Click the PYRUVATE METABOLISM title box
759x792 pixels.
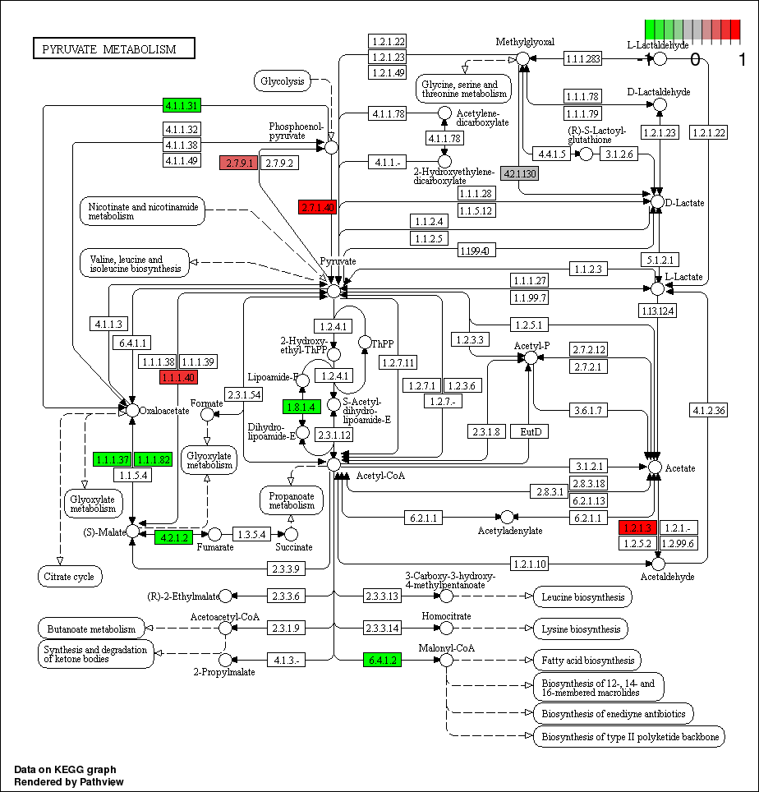coord(114,49)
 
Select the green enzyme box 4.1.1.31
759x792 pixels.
coord(182,105)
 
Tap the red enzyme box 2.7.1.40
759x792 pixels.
coord(318,207)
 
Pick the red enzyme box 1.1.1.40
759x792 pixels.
coord(178,377)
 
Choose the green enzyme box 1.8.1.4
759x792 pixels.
coord(301,407)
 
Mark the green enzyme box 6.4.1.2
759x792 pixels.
coord(382,660)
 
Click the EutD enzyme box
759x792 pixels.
coord(529,431)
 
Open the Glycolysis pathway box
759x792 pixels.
coord(283,81)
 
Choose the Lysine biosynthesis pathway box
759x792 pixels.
coord(581,629)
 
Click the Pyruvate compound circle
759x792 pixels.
coord(333,291)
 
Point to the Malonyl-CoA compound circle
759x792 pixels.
coord(446,660)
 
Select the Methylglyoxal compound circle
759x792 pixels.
coord(522,58)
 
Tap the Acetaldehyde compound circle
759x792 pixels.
coord(657,564)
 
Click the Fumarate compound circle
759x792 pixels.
coord(215,535)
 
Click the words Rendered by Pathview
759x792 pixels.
coord(69,781)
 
